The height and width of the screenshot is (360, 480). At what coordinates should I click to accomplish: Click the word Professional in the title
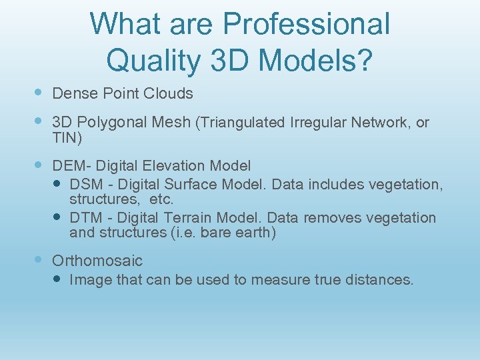(x=306, y=24)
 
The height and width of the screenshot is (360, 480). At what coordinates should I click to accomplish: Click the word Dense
(x=73, y=93)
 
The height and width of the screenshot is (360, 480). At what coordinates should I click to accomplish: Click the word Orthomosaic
(x=97, y=261)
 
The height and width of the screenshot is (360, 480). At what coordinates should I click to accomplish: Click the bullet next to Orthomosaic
(x=37, y=260)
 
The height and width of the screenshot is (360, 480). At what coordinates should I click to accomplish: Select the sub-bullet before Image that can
(x=58, y=279)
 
